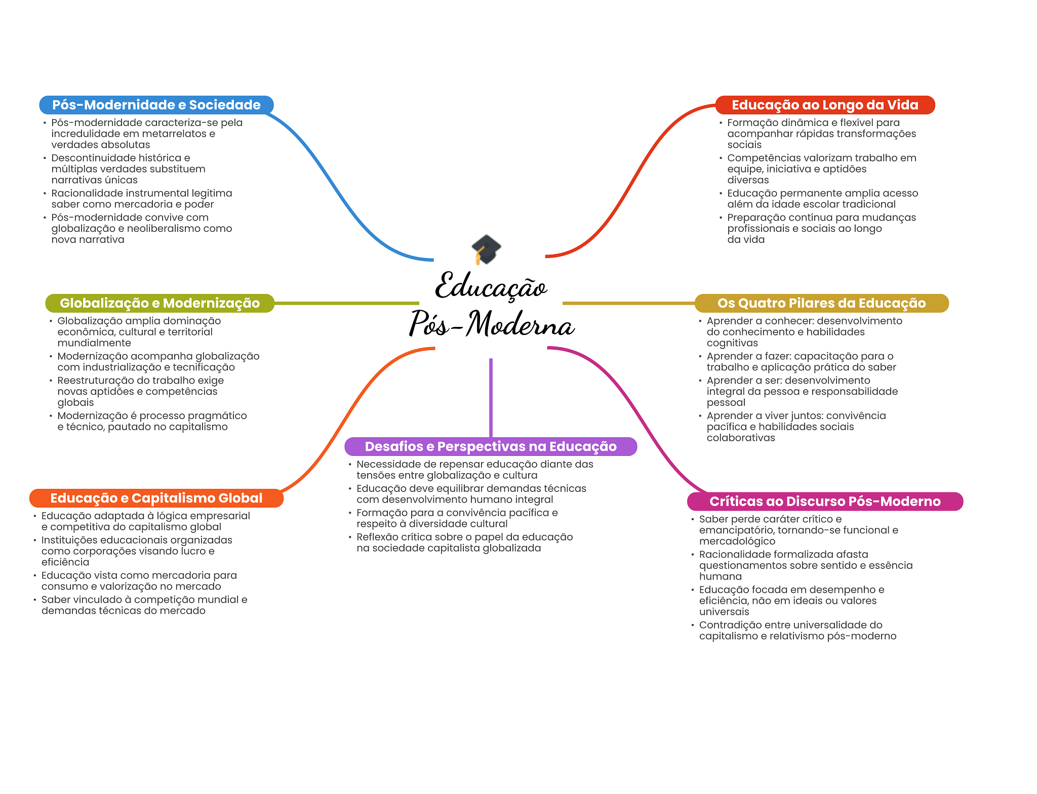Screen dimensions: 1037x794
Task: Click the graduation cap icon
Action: pyautogui.click(x=486, y=249)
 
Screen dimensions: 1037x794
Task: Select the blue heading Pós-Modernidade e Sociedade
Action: pyautogui.click(x=156, y=105)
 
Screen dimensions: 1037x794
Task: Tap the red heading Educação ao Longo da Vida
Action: pyautogui.click(x=825, y=105)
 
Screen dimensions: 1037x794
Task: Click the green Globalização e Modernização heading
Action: pyautogui.click(x=160, y=303)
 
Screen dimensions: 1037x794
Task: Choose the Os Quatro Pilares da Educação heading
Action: pyautogui.click(x=821, y=303)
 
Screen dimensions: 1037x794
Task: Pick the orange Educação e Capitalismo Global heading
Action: pyautogui.click(x=156, y=498)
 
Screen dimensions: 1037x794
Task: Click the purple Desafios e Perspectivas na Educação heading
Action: pyautogui.click(x=491, y=446)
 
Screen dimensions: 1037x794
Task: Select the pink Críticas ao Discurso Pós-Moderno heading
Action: pyautogui.click(x=825, y=502)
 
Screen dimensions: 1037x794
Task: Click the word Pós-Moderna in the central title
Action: pyautogui.click(x=492, y=323)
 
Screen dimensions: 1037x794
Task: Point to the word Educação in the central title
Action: pyautogui.click(x=491, y=286)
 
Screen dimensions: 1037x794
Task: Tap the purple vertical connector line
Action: pyautogui.click(x=491, y=398)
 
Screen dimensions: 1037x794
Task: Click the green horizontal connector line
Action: pyautogui.click(x=347, y=303)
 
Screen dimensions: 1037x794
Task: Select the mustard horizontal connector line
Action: pyautogui.click(x=629, y=303)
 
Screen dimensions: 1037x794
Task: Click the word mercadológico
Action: pyautogui.click(x=737, y=541)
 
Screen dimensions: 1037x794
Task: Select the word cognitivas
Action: pyautogui.click(x=732, y=343)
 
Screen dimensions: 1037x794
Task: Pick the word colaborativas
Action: pyautogui.click(x=741, y=438)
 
